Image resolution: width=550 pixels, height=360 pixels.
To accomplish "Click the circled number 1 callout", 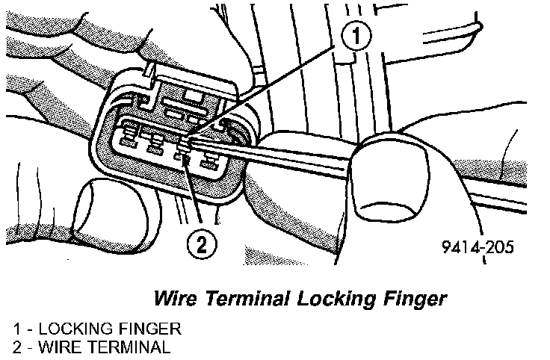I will pyautogui.click(x=356, y=35).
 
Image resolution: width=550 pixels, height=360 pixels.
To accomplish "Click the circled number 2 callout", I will pyautogui.click(x=202, y=242).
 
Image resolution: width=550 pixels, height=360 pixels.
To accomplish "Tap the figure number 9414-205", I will pyautogui.click(x=479, y=247).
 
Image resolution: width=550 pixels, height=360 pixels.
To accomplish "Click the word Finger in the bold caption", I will pyautogui.click(x=415, y=299).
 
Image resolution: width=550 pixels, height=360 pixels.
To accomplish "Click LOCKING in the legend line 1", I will pyautogui.click(x=67, y=329).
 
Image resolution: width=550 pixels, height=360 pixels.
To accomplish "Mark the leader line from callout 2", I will pyautogui.click(x=194, y=194).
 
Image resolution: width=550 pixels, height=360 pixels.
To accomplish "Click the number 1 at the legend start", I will pyautogui.click(x=16, y=329).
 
